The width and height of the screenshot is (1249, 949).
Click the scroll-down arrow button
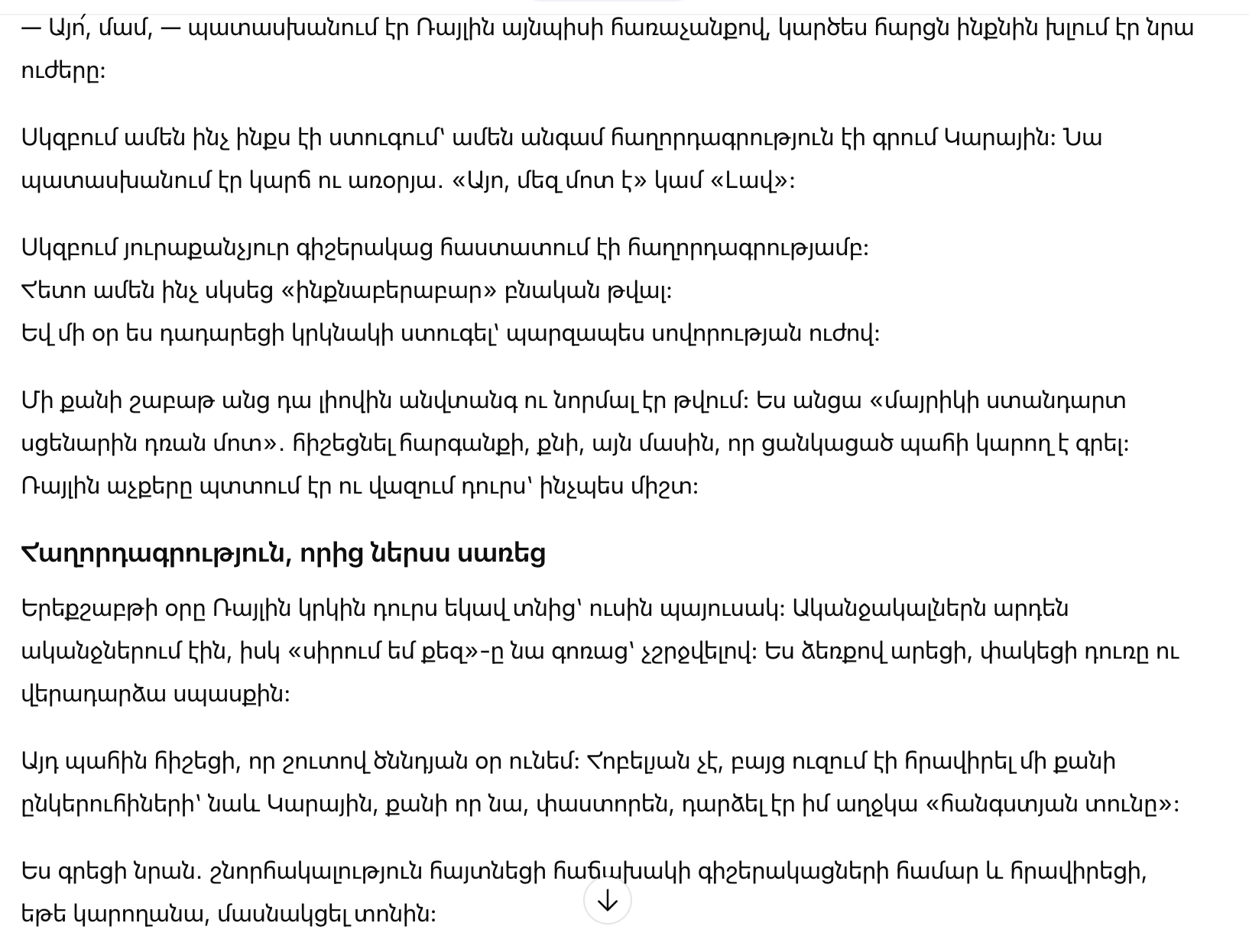607,901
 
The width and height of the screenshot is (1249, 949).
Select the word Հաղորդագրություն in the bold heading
151,552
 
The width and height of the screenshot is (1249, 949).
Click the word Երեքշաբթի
89,608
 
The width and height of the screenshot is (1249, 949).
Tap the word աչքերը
145,486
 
